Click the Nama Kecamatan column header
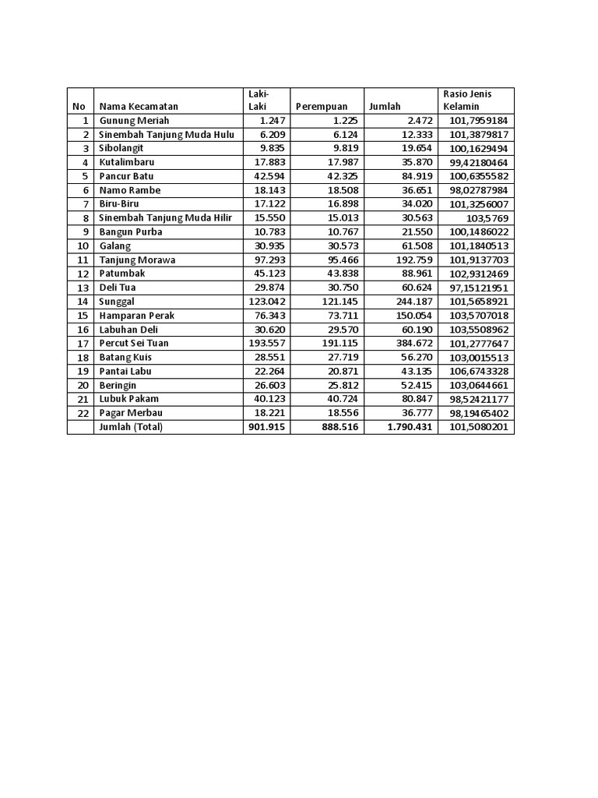point(139,107)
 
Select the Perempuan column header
point(322,107)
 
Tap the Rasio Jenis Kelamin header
point(467,100)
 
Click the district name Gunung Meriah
point(134,121)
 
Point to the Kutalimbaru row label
point(126,163)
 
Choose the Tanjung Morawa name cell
point(137,260)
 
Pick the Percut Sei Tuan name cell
point(134,343)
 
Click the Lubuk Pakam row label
point(128,399)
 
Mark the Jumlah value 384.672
point(412,343)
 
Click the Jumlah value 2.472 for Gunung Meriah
point(417,121)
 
